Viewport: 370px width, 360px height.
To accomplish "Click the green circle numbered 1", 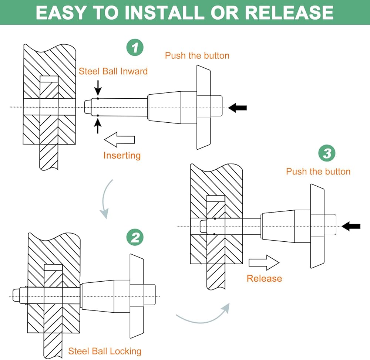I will pos(135,48).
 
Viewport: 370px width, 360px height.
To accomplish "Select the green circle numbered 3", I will pos(327,153).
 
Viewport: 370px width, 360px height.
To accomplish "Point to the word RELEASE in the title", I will pos(289,13).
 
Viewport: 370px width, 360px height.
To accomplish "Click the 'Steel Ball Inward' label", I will pos(113,71).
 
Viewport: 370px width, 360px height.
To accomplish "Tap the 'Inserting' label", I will pos(122,155).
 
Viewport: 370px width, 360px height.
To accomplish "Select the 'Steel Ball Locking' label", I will pos(105,351).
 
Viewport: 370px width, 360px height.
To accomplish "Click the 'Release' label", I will pos(264,278).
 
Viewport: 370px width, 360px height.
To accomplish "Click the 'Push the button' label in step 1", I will pos(197,56).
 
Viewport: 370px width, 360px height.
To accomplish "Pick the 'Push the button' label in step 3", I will pos(318,171).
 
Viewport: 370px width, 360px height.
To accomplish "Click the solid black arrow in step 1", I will pos(238,108).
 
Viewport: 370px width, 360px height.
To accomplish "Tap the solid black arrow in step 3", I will pos(351,226).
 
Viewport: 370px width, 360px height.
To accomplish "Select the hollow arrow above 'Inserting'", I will pos(120,141).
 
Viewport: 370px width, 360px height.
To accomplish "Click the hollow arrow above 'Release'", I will pos(264,262).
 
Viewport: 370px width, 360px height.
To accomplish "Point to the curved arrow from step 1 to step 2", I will pos(106,200).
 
